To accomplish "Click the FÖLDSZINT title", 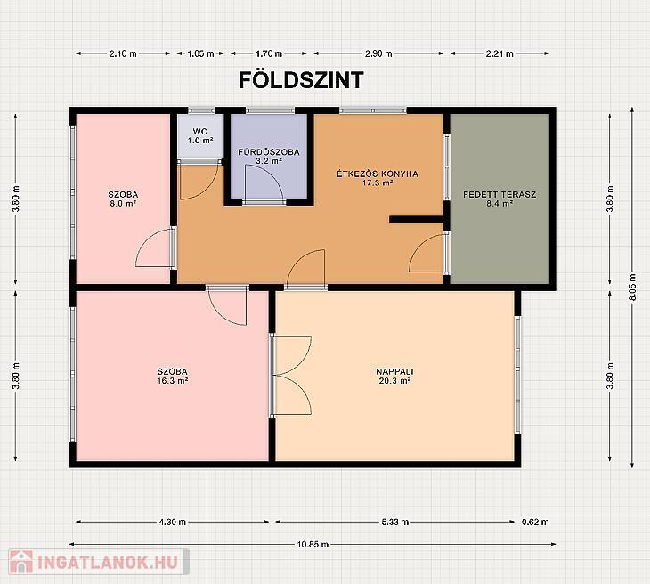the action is pos(301,80).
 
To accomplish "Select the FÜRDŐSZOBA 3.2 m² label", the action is pos(269,157).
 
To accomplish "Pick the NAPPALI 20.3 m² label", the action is pos(394,376).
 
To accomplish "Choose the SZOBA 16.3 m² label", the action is pos(173,376).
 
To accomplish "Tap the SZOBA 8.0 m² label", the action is pos(123,199).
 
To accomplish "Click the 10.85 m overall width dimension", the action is pos(313,544).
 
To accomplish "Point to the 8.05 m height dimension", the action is pos(632,288).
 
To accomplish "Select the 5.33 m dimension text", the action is pos(395,523).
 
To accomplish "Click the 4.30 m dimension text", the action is pos(173,523).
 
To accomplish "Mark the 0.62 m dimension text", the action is pos(535,523).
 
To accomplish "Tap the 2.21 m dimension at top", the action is pos(500,53).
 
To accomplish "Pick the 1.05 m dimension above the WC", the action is pos(200,53).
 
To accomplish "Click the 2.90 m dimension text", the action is pos(378,53).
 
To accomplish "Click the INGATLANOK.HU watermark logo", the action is pos(99,562).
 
